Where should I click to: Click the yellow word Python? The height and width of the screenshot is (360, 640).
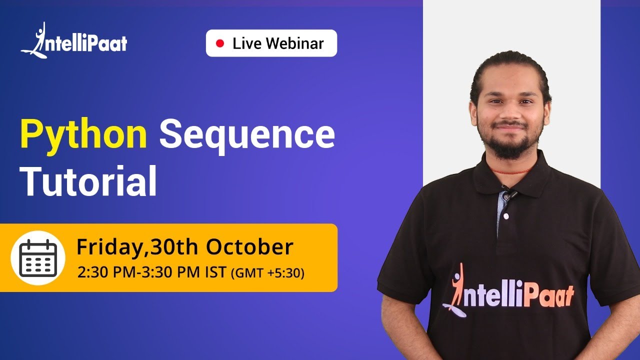[x=83, y=135]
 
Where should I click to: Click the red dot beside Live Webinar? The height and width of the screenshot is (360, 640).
[x=220, y=43]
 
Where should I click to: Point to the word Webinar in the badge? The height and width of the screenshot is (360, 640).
[x=295, y=43]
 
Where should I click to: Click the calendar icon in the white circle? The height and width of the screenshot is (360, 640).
[x=38, y=258]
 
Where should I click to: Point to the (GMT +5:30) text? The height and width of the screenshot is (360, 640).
[x=267, y=274]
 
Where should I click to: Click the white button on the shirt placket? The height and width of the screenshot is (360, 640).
[x=505, y=216]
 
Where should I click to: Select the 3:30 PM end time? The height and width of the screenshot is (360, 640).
[x=165, y=273]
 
